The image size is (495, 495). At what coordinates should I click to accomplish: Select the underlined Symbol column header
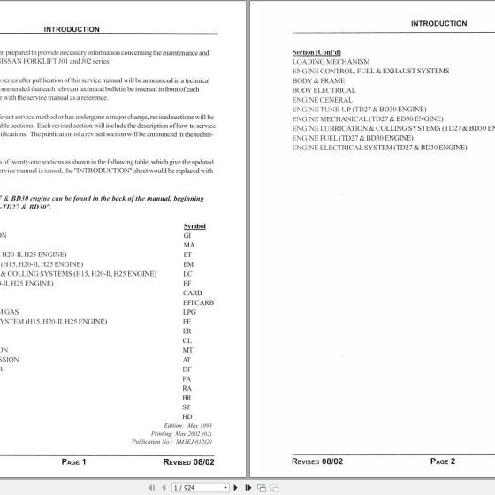[x=194, y=226]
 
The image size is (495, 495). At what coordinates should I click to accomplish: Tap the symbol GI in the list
[x=187, y=236]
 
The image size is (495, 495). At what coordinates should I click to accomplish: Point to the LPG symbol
[x=188, y=312]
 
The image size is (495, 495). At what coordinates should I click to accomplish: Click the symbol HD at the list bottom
[x=187, y=416]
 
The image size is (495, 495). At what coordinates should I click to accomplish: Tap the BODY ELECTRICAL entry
[x=324, y=90]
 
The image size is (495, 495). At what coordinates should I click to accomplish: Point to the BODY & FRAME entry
[x=318, y=80]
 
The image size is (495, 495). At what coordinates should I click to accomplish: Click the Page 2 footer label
[x=442, y=461]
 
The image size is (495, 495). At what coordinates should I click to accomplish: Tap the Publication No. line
[x=187, y=439]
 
